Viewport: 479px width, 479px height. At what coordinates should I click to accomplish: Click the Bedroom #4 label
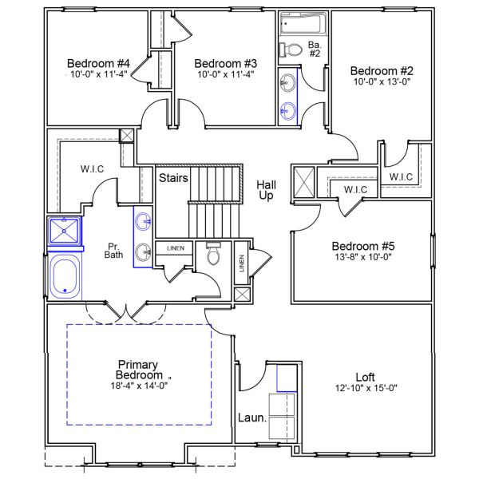pos(98,63)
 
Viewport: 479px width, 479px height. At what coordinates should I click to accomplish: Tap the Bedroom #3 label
pos(225,63)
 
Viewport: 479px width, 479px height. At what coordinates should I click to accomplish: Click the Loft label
pos(366,377)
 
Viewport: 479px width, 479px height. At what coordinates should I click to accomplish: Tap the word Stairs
pos(172,177)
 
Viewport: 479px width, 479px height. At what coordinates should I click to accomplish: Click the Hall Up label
pos(266,190)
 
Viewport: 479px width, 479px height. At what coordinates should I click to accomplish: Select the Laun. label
pos(251,418)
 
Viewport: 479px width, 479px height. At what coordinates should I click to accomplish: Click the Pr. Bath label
pos(114,251)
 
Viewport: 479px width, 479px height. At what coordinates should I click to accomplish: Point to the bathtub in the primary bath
pos(64,276)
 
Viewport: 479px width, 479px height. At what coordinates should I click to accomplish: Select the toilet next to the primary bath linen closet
pos(213,255)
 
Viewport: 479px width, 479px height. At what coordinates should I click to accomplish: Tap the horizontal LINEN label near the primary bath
pos(175,248)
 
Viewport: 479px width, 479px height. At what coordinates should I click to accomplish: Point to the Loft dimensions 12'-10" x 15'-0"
pos(366,388)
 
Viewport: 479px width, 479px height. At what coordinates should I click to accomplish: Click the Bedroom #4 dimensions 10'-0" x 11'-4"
pos(98,74)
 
